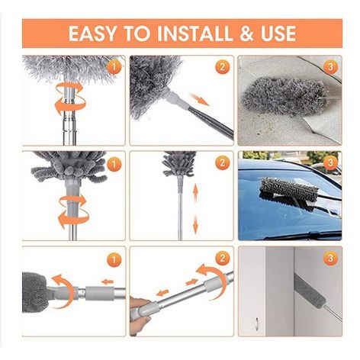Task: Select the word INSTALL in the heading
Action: point(195,34)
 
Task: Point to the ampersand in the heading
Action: point(246,34)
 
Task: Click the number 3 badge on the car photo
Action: point(330,162)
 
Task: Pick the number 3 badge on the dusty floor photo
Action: point(330,67)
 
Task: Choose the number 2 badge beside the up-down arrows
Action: point(223,162)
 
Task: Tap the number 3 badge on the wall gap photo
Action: point(330,259)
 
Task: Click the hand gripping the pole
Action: point(140,314)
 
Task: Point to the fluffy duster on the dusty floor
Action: point(284,96)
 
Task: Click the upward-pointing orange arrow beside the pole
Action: point(195,193)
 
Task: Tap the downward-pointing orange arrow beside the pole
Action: point(195,223)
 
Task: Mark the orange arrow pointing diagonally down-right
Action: point(200,99)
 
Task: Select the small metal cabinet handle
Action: point(257,323)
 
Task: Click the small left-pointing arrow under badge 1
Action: point(108,281)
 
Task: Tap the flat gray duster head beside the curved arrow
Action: point(34,292)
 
